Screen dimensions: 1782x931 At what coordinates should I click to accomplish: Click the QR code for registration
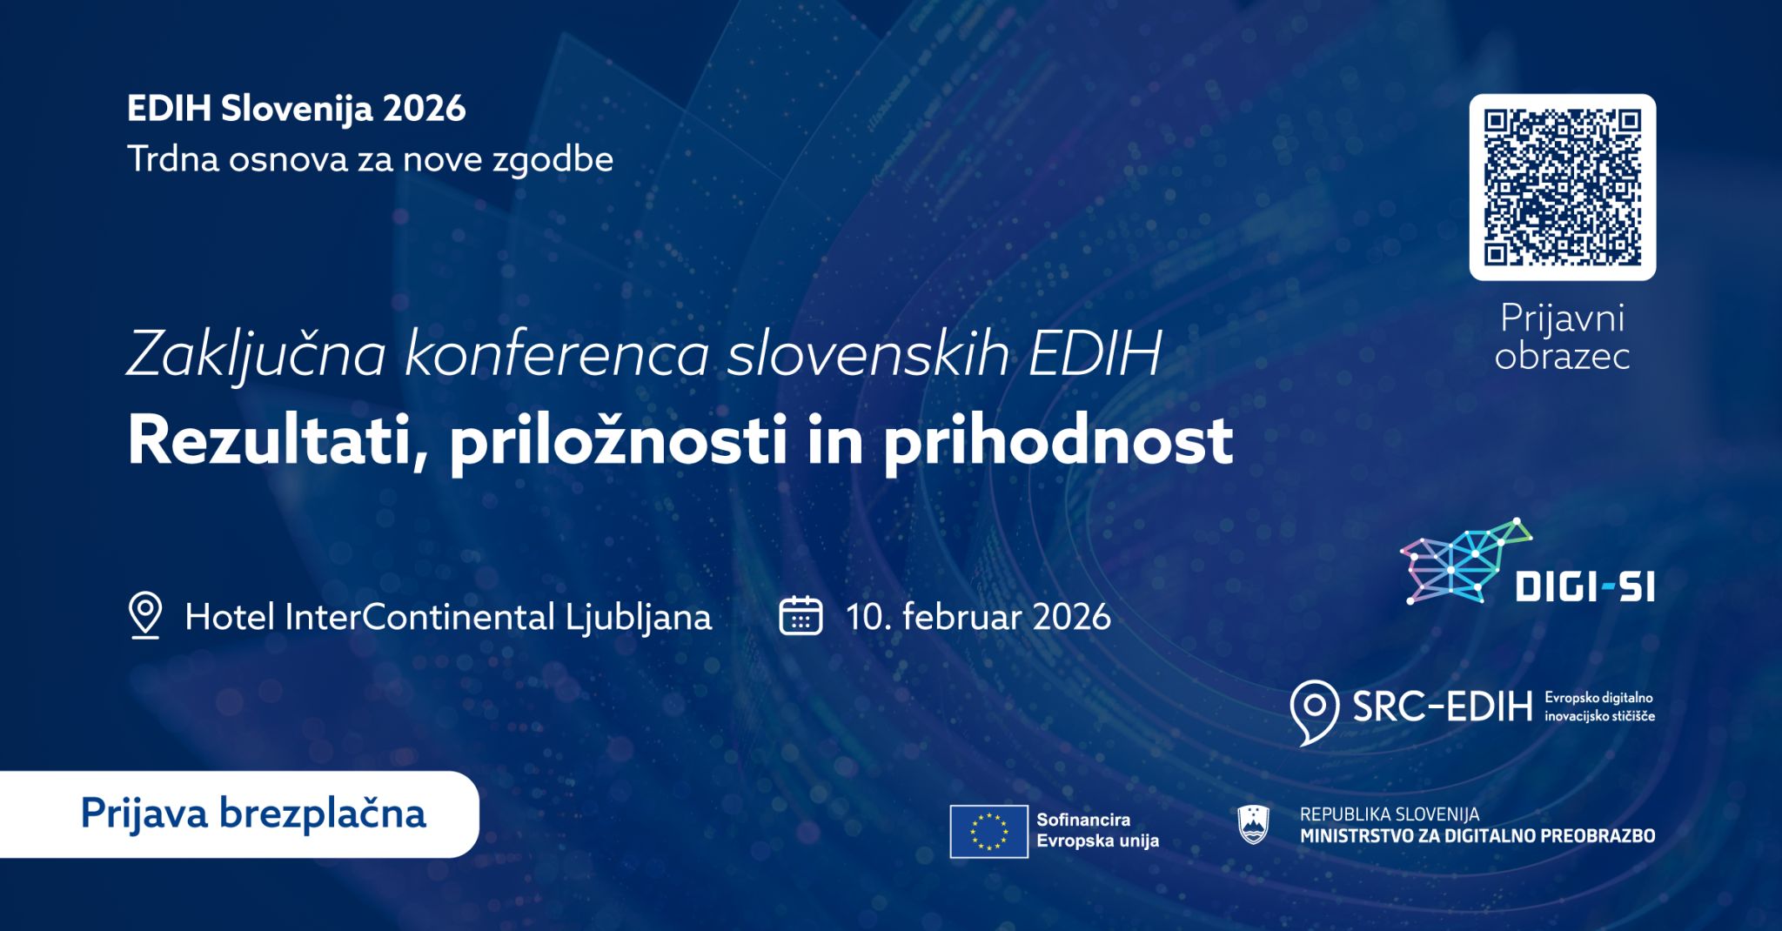click(1562, 187)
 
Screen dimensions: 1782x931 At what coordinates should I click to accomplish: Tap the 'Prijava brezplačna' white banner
click(239, 814)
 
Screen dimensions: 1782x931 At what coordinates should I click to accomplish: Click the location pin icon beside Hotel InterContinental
click(145, 615)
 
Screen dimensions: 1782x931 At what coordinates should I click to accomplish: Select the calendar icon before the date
click(801, 616)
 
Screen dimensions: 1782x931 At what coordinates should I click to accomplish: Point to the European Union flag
click(988, 832)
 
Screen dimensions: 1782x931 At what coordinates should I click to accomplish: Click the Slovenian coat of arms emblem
click(1253, 824)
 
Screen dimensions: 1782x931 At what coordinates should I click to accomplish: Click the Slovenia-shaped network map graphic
click(1465, 560)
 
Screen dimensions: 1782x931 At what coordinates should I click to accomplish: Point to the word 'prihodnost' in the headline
click(1058, 441)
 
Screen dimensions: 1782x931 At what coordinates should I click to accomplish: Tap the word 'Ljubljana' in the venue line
click(639, 618)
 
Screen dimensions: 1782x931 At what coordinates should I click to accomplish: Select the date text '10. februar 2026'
click(978, 617)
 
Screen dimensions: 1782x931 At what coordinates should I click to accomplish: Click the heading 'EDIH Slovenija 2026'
click(297, 109)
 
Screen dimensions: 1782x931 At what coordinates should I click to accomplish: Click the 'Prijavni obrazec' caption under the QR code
click(1562, 337)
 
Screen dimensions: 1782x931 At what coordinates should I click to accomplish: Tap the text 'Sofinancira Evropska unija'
click(1097, 830)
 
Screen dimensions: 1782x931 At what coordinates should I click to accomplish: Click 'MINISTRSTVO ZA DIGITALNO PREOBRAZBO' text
click(1477, 836)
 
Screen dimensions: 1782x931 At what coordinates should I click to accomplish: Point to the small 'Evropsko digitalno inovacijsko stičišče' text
click(1599, 707)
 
